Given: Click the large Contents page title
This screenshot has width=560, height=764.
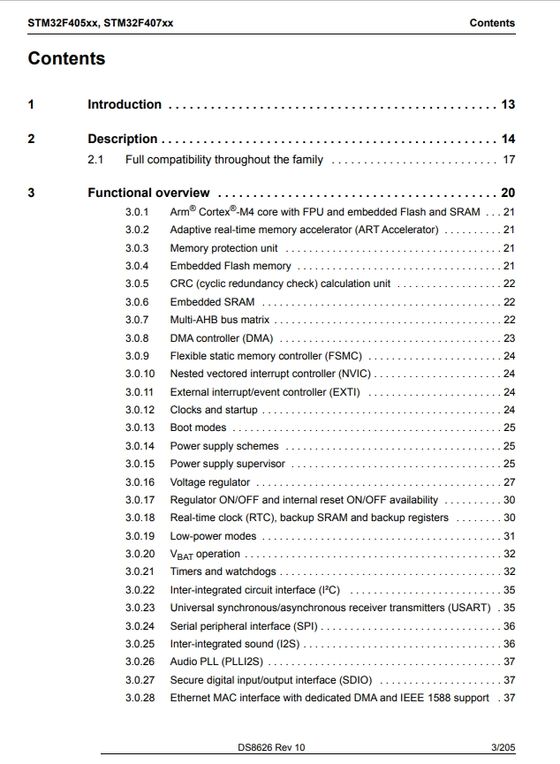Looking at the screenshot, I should [x=66, y=59].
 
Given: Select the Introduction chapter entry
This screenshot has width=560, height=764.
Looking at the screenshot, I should [x=125, y=104].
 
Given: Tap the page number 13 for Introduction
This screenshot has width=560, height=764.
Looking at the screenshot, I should [x=508, y=104].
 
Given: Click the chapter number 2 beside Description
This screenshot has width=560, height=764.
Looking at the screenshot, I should [x=32, y=139].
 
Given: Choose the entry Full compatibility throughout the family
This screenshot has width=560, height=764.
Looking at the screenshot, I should [x=223, y=160].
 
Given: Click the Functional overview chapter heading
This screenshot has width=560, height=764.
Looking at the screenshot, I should [x=148, y=193].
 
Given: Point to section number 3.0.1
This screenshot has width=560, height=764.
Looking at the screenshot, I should [x=137, y=212].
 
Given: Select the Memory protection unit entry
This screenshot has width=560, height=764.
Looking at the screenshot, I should [x=223, y=248].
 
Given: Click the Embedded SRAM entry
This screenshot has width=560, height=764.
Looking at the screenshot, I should [x=212, y=302].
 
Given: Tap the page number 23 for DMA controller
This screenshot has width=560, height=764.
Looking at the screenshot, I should [x=509, y=338].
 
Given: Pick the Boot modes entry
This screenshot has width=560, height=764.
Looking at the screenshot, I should [x=198, y=427].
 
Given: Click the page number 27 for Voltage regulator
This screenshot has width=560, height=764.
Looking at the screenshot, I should [x=509, y=482].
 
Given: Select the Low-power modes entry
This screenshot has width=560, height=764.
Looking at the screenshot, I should [x=213, y=536].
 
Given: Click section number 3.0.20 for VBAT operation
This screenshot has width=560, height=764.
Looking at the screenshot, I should [x=140, y=554].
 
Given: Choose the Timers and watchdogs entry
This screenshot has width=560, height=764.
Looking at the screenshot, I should [x=223, y=571].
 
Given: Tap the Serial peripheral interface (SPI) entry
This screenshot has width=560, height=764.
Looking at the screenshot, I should [x=244, y=626].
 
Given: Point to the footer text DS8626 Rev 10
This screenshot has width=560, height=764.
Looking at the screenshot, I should [x=271, y=747].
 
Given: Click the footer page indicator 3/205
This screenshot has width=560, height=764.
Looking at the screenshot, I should [x=503, y=747].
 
